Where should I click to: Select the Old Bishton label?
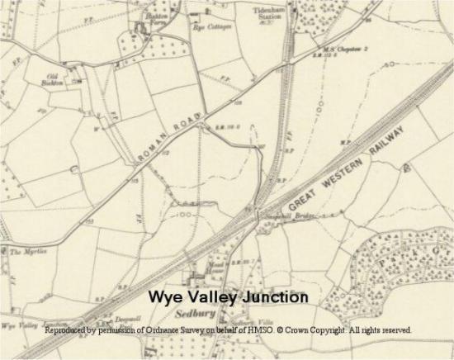point(56,79)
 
